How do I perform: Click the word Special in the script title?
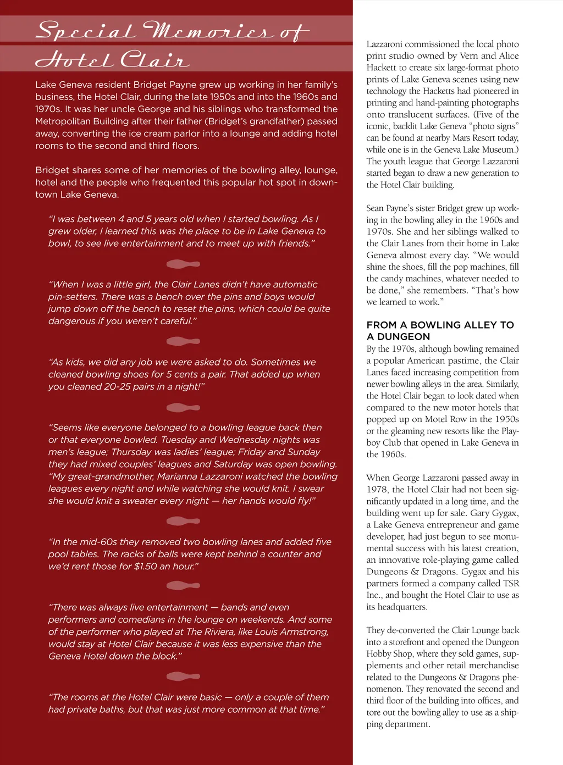(85, 31)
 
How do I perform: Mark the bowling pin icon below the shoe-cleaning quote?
(183, 408)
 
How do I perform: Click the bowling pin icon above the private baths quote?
(183, 677)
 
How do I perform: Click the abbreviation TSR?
(510, 583)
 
